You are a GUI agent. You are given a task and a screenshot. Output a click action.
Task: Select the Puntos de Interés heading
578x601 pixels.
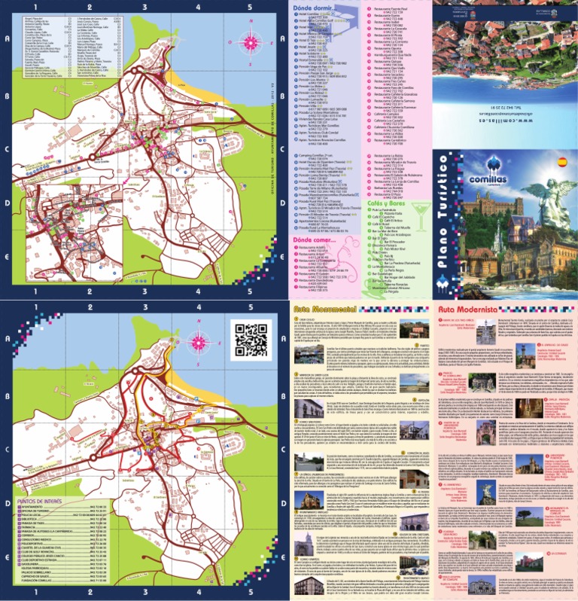[x=39, y=501]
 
